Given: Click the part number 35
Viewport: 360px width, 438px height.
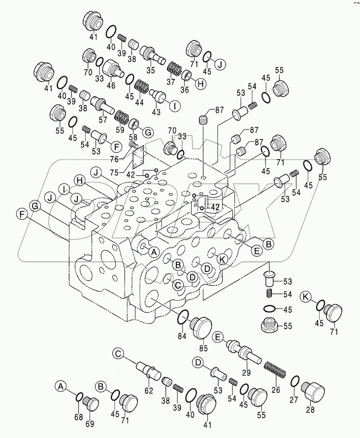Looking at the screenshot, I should pos(150,70).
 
